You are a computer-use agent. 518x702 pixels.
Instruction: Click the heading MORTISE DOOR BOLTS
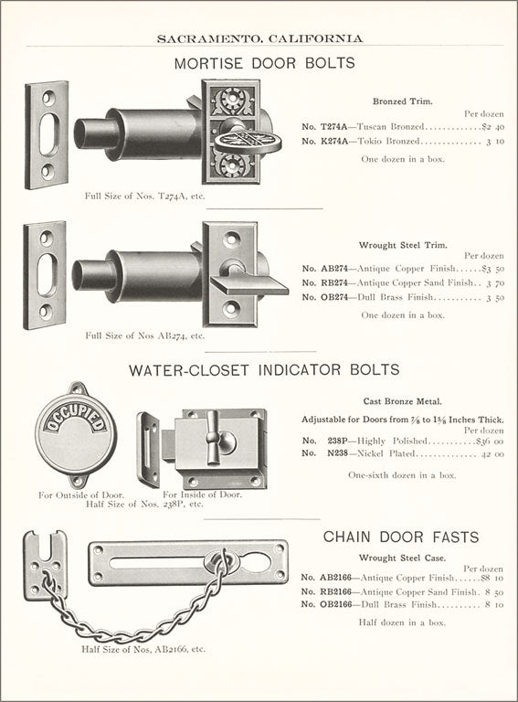click(264, 63)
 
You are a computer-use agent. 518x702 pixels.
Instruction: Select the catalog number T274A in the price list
click(334, 127)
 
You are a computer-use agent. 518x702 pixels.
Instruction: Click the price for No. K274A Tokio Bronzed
click(495, 141)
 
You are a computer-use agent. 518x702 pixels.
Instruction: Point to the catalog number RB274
click(334, 282)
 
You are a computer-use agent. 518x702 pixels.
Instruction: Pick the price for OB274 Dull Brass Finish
click(495, 297)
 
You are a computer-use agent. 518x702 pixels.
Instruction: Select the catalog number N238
click(337, 453)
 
